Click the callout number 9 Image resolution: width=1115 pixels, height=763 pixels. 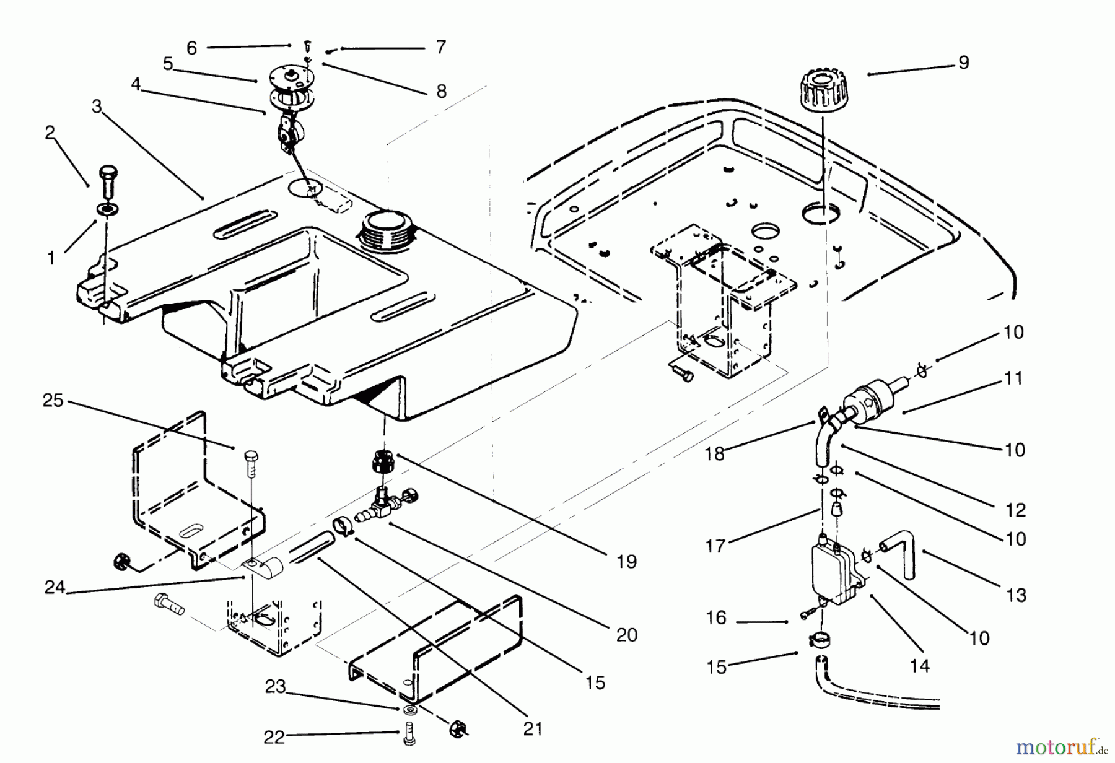click(x=963, y=63)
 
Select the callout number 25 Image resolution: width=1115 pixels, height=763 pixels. click(x=53, y=401)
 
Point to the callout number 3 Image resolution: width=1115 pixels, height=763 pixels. click(x=97, y=107)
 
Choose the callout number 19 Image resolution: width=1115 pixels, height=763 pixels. click(x=626, y=562)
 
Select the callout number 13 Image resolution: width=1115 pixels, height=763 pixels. click(x=1016, y=595)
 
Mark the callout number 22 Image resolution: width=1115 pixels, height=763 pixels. click(x=274, y=737)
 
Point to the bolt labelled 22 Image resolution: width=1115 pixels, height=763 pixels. click(x=409, y=735)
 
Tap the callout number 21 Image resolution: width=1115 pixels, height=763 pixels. click(x=532, y=729)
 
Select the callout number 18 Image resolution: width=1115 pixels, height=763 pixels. click(x=714, y=454)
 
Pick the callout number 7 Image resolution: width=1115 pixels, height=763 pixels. click(x=440, y=47)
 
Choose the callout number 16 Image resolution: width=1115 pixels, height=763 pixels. click(x=716, y=617)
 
